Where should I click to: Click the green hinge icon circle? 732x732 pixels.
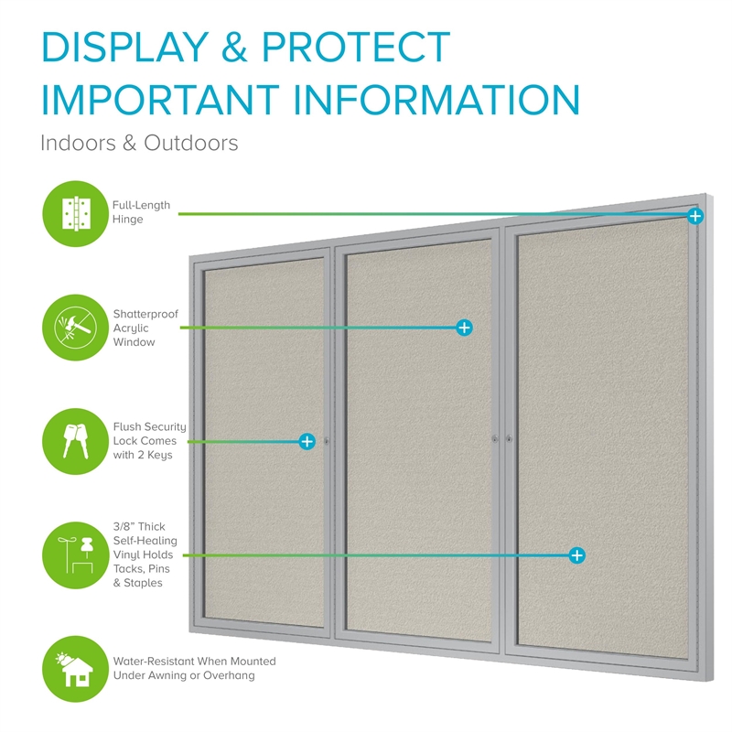(x=76, y=214)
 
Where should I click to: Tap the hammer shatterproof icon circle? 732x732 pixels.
(x=76, y=328)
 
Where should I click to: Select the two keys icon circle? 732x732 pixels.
(x=76, y=441)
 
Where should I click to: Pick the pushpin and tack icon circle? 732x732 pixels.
(x=76, y=555)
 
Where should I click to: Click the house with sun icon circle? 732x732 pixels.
(x=76, y=669)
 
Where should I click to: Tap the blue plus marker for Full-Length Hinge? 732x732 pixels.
(x=695, y=216)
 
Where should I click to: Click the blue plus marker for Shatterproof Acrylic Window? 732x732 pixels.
(x=464, y=328)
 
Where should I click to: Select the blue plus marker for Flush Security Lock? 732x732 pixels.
(x=307, y=441)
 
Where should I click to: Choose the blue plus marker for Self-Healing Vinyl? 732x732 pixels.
(x=577, y=555)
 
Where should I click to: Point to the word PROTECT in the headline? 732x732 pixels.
(x=356, y=47)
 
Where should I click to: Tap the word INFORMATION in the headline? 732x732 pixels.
(x=436, y=100)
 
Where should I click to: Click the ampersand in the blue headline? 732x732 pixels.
(x=234, y=47)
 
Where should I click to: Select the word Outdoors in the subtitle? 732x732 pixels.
(x=191, y=143)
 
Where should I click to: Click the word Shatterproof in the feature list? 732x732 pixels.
(x=145, y=314)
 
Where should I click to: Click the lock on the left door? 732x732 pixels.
(x=327, y=441)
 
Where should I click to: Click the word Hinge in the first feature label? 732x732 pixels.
(x=127, y=220)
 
